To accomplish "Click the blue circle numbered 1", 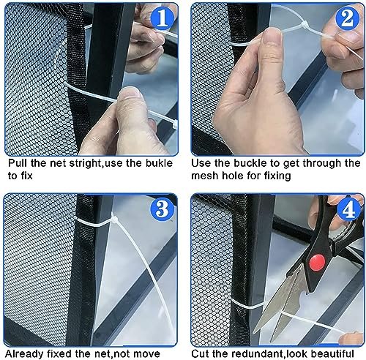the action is point(163,18).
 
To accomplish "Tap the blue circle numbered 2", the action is point(348,18).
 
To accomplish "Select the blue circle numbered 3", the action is point(163,209).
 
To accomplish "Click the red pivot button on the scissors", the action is point(317,262).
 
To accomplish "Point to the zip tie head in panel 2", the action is point(305,26).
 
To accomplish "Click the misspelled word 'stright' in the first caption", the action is point(85,163).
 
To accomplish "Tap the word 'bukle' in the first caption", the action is point(159,163).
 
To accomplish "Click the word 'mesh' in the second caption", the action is point(204,176).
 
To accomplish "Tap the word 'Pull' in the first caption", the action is point(18,163).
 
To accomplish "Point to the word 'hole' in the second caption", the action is point(233,176).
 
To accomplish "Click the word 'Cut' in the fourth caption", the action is point(200,353).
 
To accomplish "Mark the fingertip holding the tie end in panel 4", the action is point(350,338).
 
